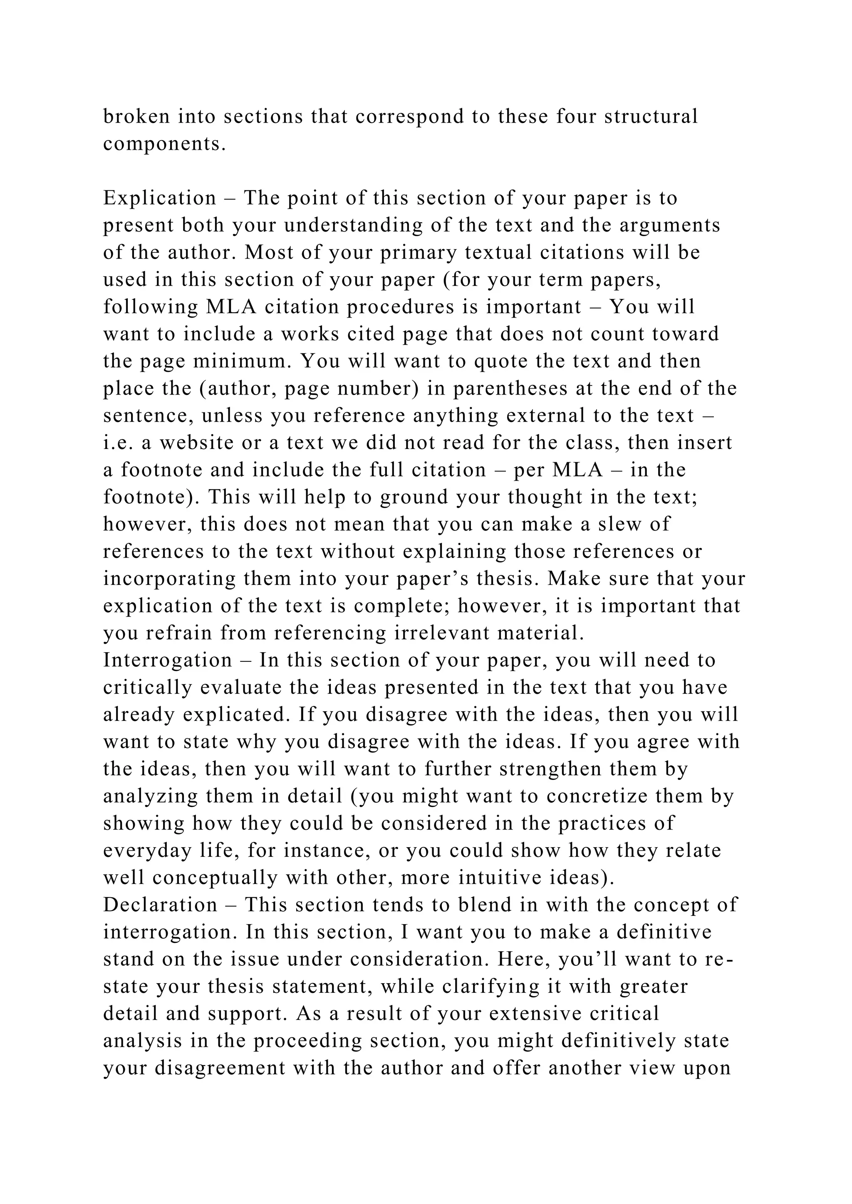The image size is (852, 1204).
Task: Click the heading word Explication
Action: click(x=159, y=198)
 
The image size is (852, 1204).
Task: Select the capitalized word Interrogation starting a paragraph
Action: click(x=167, y=660)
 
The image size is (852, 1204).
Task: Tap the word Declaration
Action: click(x=160, y=905)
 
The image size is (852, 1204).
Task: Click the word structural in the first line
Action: click(x=651, y=116)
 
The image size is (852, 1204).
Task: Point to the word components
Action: click(x=164, y=144)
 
